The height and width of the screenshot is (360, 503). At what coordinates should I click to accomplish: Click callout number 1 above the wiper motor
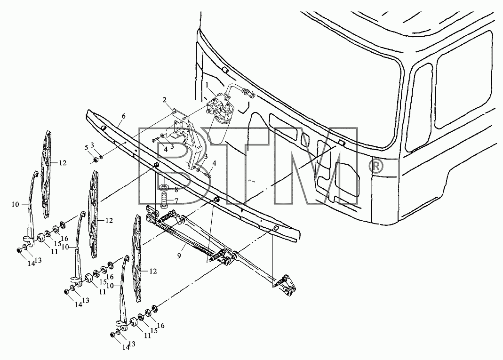click(x=207, y=85)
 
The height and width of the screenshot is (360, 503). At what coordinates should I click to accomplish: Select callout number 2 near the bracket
click(x=164, y=100)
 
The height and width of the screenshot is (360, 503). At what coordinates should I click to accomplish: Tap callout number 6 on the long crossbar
click(x=123, y=116)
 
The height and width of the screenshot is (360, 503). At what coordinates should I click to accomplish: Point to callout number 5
click(x=86, y=148)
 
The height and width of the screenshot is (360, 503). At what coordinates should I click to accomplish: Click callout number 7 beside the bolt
click(x=176, y=201)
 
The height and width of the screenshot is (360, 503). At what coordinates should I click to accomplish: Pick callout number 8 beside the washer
click(x=176, y=190)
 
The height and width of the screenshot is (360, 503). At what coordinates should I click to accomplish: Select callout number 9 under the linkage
click(x=179, y=256)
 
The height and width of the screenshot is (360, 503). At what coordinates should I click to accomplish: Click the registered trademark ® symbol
click(x=376, y=166)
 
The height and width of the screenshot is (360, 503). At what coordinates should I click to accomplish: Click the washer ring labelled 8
click(x=164, y=187)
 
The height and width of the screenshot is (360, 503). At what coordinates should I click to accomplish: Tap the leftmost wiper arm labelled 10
click(x=32, y=205)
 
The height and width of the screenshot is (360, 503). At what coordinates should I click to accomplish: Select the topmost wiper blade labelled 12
click(x=47, y=175)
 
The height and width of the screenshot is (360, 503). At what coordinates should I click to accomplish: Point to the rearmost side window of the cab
click(x=463, y=80)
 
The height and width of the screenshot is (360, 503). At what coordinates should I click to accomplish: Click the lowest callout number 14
click(x=125, y=347)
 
